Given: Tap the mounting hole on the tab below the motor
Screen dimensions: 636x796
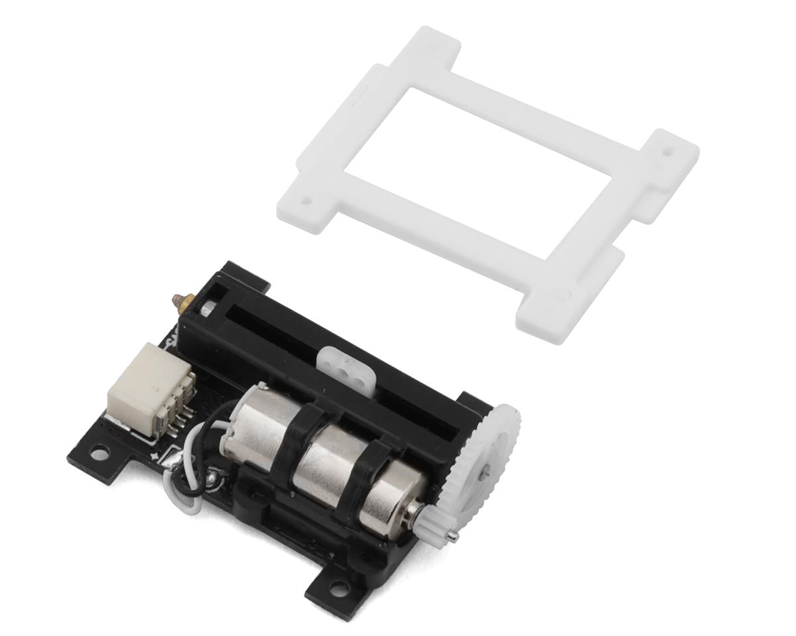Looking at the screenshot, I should click(x=339, y=586).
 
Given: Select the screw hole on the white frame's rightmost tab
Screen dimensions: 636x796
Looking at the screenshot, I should click(x=668, y=152).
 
